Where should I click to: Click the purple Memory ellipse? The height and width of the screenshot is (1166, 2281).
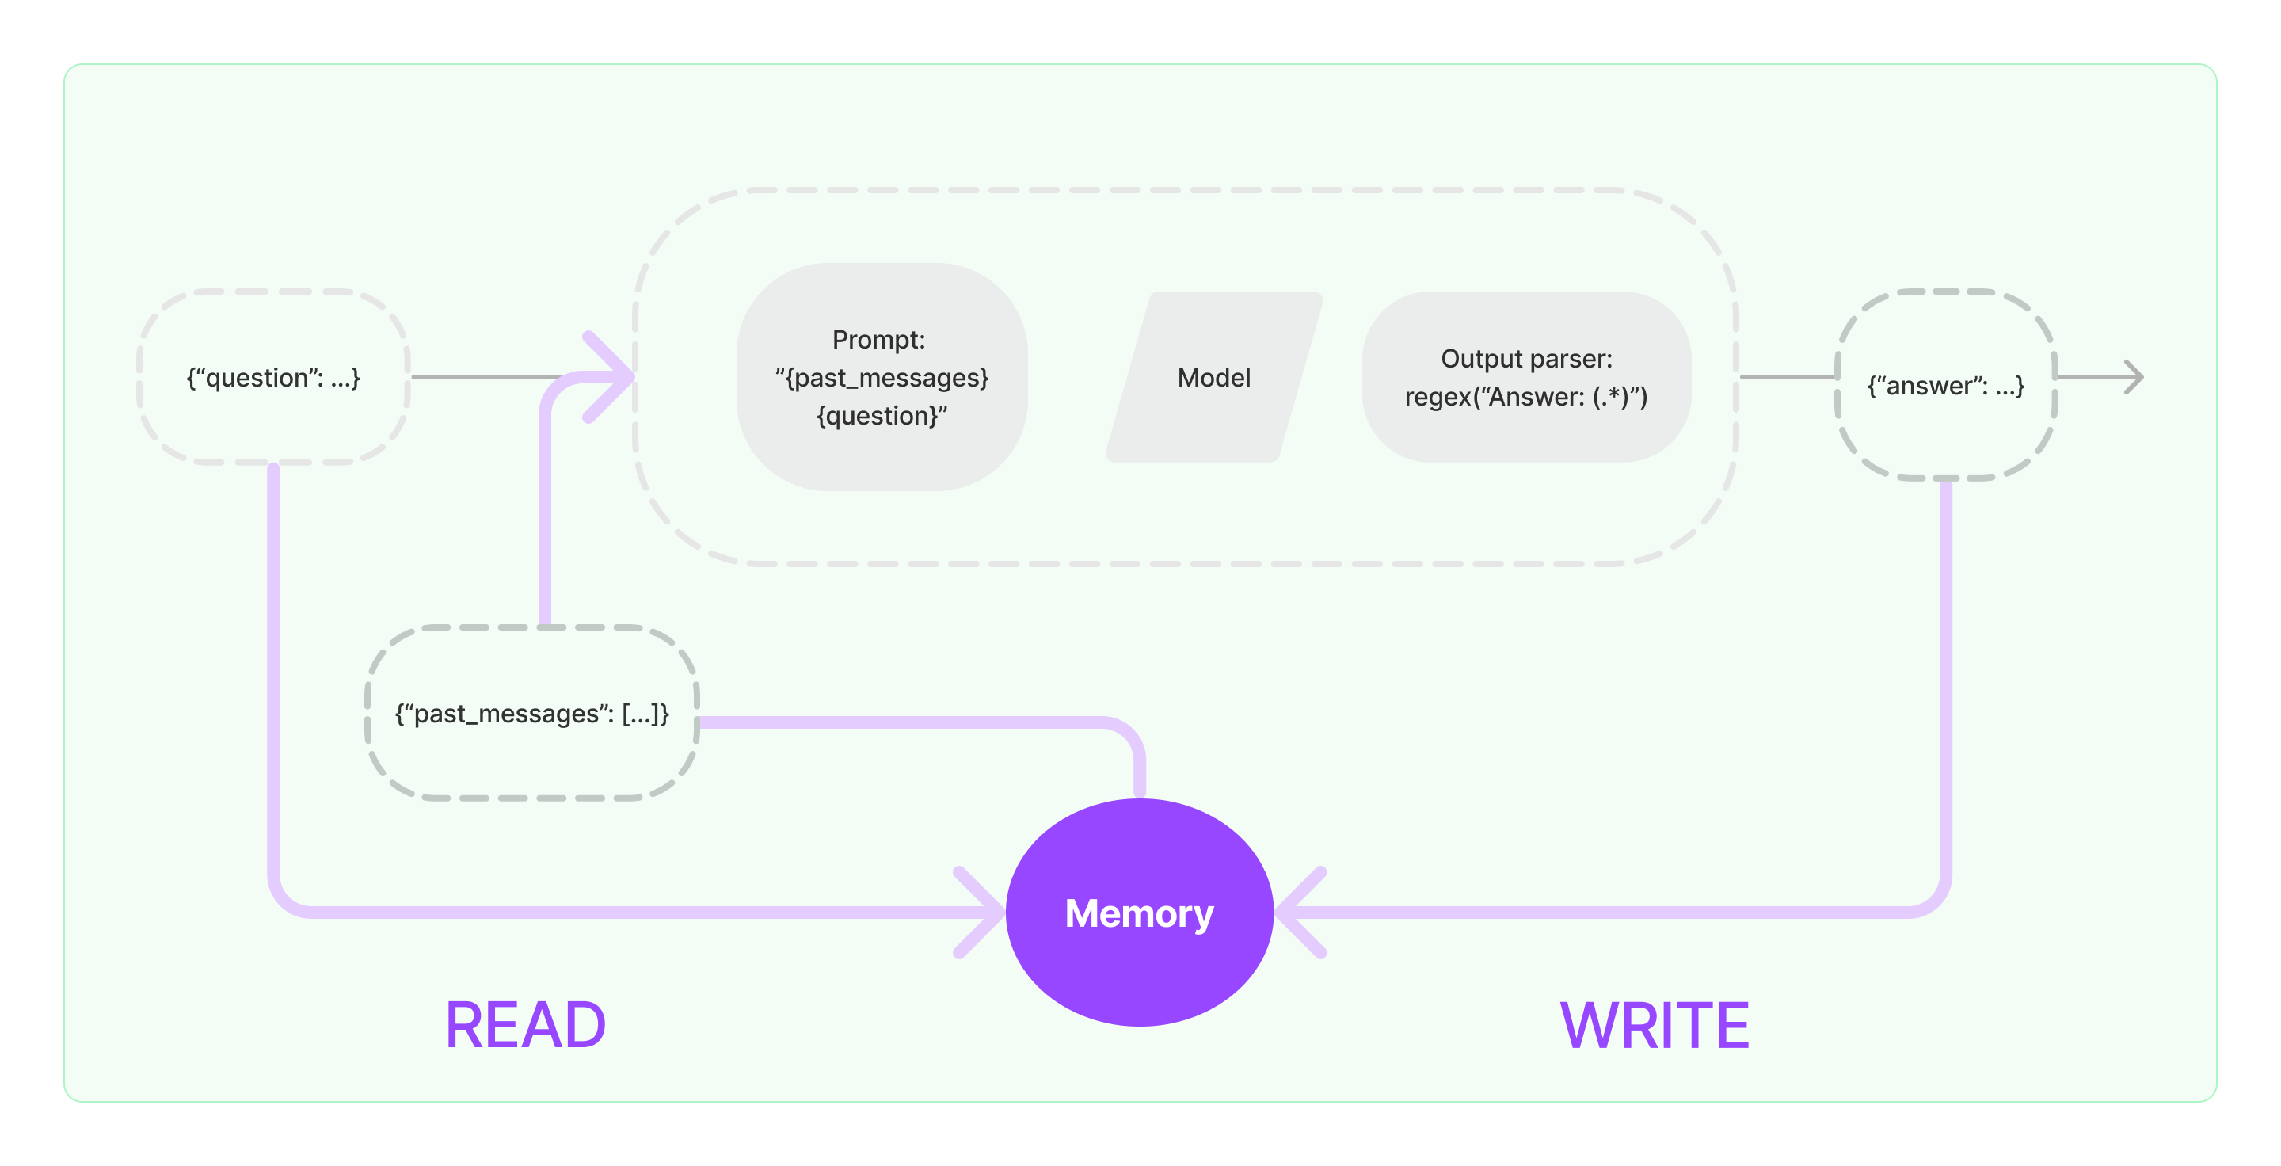tap(1140, 913)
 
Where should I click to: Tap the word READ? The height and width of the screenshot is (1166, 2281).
tap(525, 1025)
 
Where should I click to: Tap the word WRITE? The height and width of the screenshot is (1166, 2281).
tap(1654, 1025)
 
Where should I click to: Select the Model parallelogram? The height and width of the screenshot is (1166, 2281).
tap(1214, 378)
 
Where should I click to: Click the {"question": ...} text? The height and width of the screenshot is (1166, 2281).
tap(272, 378)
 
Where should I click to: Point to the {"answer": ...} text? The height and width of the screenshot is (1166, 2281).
tap(1945, 386)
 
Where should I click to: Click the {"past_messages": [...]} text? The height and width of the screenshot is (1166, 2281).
tap(531, 714)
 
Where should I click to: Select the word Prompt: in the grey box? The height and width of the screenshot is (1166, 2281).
tap(878, 340)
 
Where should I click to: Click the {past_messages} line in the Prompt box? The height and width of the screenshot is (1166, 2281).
tap(882, 378)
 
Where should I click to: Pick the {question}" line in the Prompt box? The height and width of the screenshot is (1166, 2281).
tap(882, 416)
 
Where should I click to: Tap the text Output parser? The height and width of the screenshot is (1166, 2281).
tap(1526, 359)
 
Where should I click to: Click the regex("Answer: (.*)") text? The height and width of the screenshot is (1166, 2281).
tap(1526, 397)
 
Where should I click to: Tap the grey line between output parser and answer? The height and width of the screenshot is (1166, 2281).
tap(1787, 377)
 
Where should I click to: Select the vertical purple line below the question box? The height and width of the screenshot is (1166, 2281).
tap(273, 673)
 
